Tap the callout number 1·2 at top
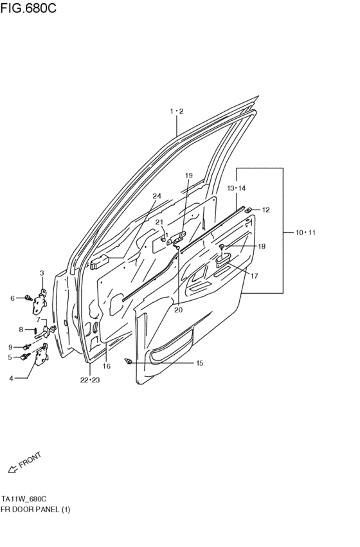tap(177, 112)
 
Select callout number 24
tap(156, 195)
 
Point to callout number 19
tap(189, 175)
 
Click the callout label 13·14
tap(237, 188)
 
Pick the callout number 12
tap(265, 210)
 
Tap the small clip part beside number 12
tap(249, 210)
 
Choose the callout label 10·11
tap(305, 232)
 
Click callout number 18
tap(261, 246)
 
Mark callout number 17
tap(254, 276)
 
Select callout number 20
tap(177, 310)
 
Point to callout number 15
tap(199, 363)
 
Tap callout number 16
tap(107, 366)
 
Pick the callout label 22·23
tap(90, 380)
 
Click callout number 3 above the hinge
tap(42, 273)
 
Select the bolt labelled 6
tap(28, 298)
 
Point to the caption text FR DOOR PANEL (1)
tap(35, 509)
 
